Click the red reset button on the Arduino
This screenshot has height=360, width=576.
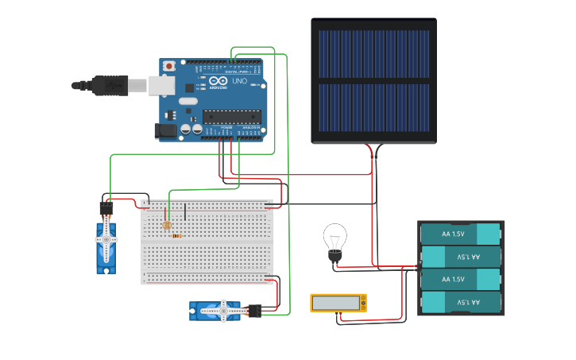point(168,65)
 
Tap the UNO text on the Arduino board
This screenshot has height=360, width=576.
point(239,81)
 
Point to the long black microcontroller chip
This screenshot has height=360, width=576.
point(231,116)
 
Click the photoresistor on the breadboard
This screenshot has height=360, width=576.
point(167,226)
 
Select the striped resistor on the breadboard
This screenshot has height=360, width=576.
point(176,236)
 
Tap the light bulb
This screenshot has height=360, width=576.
point(334,239)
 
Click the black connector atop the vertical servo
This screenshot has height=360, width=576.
point(106,210)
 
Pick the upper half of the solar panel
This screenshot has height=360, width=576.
point(373,54)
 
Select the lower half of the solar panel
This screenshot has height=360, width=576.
point(373,108)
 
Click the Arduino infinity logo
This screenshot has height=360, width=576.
point(218,81)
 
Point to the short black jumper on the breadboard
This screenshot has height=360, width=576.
point(185,211)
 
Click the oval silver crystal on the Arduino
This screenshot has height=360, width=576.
point(187,101)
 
